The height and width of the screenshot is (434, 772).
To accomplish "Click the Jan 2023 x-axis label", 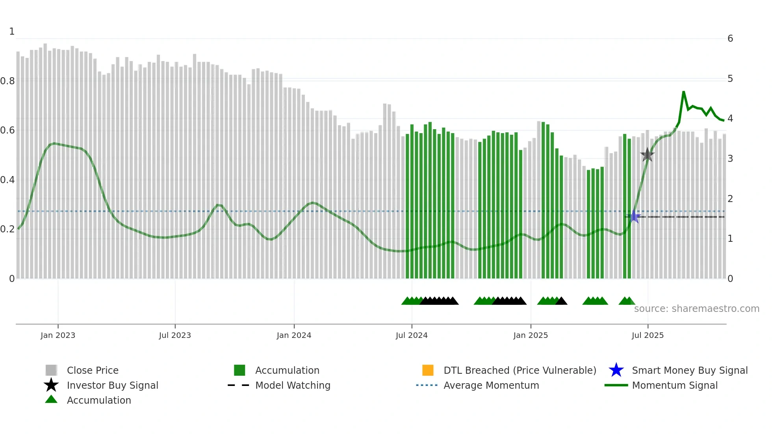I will (58, 335).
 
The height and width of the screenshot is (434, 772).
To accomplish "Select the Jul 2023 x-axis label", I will (175, 335).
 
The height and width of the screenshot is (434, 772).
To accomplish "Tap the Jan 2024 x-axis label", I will (294, 335).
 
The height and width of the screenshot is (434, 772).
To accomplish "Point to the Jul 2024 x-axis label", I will (412, 335).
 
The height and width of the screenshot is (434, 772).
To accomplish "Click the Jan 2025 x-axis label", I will (531, 335).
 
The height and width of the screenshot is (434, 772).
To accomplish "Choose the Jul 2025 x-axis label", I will (648, 335).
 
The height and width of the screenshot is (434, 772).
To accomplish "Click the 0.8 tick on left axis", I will (7, 81).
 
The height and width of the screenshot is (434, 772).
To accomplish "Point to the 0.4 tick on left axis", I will (7, 180).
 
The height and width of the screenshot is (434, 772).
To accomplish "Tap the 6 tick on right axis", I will (730, 39).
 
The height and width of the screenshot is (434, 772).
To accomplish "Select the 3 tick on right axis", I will (730, 159).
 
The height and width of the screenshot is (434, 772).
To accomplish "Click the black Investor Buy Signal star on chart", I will (647, 155).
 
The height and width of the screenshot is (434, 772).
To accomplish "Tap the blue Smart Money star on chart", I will (634, 216).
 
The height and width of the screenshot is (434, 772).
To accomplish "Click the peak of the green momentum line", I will (683, 92).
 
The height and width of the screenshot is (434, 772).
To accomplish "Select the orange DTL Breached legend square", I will (428, 370).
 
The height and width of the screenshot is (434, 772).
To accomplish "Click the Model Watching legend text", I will (293, 385).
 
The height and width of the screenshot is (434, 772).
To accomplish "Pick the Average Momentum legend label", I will (491, 385).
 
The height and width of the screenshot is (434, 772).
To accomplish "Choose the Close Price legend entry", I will (93, 370).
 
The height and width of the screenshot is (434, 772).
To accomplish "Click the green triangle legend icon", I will (51, 399).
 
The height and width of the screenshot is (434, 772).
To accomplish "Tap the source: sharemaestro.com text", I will (696, 308).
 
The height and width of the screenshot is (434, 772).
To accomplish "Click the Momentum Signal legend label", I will (675, 385).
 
